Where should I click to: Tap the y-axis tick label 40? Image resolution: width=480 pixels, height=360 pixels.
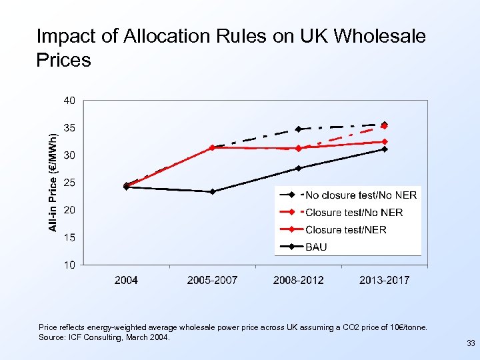coord(69,101)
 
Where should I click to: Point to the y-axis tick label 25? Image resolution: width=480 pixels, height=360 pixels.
coord(69,183)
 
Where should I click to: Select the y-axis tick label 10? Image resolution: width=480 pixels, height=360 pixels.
coord(69,265)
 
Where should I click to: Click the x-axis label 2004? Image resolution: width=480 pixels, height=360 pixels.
coord(126,280)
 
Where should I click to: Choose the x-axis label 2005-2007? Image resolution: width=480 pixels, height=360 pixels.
coord(212,280)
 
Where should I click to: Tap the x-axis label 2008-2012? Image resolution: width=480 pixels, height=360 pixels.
coord(298,280)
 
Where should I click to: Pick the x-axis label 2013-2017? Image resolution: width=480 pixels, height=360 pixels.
coord(384,280)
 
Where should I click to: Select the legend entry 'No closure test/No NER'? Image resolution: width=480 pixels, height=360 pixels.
coord(360,195)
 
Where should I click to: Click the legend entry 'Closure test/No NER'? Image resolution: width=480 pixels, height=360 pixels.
coord(353,212)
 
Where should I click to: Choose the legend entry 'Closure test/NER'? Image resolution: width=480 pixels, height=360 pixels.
coord(345,229)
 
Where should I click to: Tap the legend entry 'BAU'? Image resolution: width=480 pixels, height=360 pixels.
coord(316,247)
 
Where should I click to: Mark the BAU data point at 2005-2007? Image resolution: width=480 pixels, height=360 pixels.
coord(212,191)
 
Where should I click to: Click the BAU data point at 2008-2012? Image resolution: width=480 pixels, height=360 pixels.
coord(298,168)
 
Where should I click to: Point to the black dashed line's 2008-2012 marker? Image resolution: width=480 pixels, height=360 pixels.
coord(298,129)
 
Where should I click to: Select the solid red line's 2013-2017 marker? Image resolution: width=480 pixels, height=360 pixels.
coord(384,141)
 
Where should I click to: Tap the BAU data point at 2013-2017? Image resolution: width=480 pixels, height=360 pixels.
coord(384,149)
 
